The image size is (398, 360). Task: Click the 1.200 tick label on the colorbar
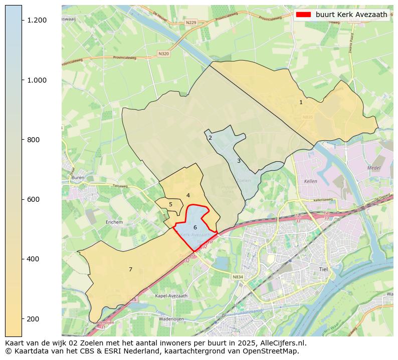tap(37, 20)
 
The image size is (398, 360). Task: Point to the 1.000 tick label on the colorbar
tap(37, 80)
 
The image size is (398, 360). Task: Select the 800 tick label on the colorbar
tap(34, 140)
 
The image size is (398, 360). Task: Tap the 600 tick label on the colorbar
tap(34, 199)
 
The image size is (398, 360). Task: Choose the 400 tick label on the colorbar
tap(34, 259)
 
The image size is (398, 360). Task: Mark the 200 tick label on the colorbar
tap(34, 319)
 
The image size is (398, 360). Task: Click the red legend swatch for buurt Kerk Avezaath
tap(304, 15)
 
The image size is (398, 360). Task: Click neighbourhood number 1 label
tap(301, 102)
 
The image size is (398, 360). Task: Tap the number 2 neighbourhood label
tap(210, 138)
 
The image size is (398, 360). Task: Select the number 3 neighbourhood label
tap(239, 161)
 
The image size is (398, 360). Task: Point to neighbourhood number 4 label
tap(188, 195)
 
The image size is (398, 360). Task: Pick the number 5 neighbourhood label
tap(170, 204)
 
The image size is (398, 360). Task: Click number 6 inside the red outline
tap(195, 227)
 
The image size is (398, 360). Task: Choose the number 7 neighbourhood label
tap(130, 269)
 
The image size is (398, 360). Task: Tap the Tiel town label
tap(323, 269)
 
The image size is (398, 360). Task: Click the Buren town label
tap(78, 177)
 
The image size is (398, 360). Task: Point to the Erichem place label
tap(114, 222)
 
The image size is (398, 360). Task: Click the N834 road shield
tap(238, 277)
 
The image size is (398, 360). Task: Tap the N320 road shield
tap(163, 54)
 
